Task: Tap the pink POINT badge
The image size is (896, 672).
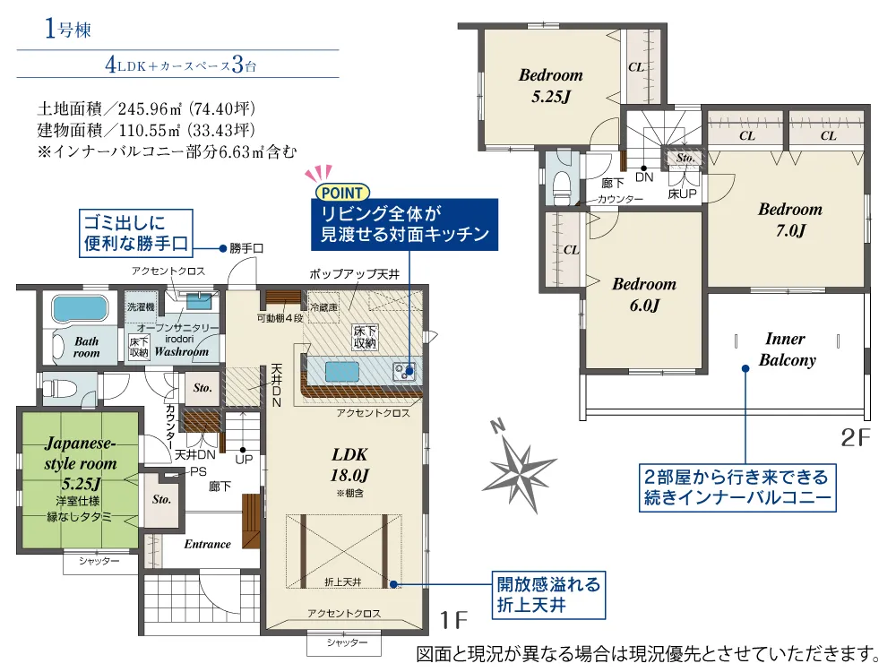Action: pos(342,193)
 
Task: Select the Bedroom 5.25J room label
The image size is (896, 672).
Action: pos(551,86)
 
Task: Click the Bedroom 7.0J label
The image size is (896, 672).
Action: pos(790,220)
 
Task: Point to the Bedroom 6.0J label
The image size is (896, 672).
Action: pos(644,294)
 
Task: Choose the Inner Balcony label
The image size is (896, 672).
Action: pos(787,349)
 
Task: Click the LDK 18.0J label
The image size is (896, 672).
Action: pos(349,464)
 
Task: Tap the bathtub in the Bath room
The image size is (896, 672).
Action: pos(80,309)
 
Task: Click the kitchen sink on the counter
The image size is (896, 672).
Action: pos(342,372)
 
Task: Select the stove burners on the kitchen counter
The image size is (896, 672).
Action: pos(405,372)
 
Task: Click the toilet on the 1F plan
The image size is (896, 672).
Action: pos(61,389)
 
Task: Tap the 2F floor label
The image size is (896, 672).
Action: pos(856,438)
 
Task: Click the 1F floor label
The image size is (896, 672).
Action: pos(453,620)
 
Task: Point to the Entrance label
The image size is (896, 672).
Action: pos(208,544)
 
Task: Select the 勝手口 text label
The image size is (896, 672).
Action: pos(246,248)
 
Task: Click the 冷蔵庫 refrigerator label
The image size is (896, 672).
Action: pos(323,307)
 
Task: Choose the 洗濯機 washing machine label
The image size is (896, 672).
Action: pos(141,306)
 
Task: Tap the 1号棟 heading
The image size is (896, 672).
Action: pos(68,29)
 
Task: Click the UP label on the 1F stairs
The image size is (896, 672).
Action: pos(244,459)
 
